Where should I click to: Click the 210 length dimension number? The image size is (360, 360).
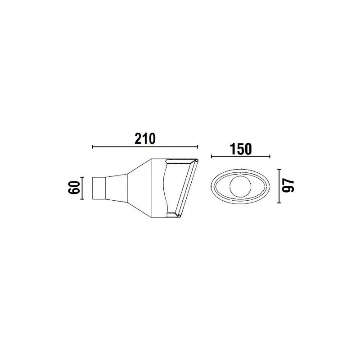click(x=145, y=139)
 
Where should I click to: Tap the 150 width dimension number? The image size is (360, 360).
click(x=241, y=149)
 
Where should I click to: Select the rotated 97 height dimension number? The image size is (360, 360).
click(x=288, y=186)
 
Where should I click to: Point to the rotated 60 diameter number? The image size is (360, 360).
click(x=74, y=187)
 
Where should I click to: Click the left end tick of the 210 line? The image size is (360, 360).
click(x=92, y=147)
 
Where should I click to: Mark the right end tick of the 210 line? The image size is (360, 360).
click(x=198, y=147)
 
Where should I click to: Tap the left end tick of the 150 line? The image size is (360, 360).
click(x=211, y=157)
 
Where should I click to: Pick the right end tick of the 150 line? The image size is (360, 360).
click(x=270, y=157)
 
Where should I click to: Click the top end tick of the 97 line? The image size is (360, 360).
click(x=279, y=169)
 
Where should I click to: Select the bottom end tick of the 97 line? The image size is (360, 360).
click(x=279, y=203)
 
